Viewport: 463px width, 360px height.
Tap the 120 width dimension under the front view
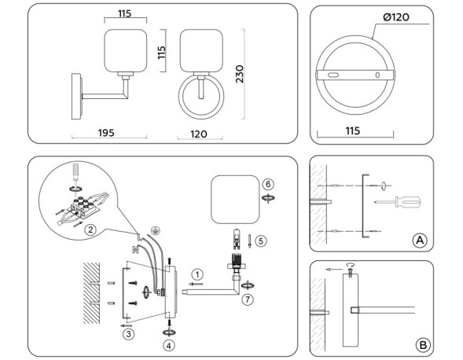tap(198, 134)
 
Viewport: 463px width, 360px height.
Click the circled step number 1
tap(197, 274)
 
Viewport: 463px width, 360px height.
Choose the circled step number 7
tap(248, 300)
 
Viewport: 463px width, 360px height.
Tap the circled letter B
tap(422, 343)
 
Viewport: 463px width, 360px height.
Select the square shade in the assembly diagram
tap(234, 200)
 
